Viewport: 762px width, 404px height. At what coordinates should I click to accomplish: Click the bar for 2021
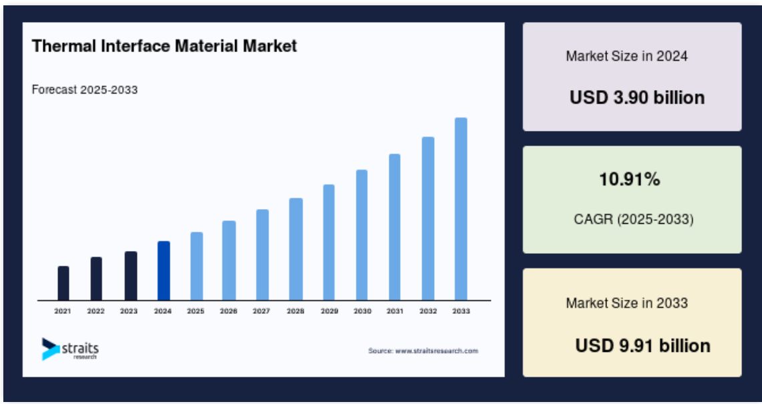click(63, 283)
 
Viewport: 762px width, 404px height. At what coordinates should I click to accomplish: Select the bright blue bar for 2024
click(164, 271)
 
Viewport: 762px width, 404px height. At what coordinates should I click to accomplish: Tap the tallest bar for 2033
click(461, 209)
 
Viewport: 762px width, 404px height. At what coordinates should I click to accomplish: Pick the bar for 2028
click(296, 249)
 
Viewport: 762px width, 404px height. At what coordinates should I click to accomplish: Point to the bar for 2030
click(361, 235)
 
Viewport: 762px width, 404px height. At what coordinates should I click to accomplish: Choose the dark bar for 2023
click(131, 276)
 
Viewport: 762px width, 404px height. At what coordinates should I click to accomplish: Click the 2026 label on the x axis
click(228, 311)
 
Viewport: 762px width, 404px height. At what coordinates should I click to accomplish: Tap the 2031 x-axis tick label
click(395, 311)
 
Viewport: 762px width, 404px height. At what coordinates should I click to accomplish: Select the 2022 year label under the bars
click(96, 311)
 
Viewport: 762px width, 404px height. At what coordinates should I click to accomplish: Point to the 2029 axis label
click(329, 311)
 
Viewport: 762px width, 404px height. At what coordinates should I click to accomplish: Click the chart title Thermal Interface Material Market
click(164, 46)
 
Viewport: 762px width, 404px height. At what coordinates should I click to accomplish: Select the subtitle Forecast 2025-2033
click(85, 90)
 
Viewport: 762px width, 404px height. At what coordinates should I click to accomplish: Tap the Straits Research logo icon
click(50, 349)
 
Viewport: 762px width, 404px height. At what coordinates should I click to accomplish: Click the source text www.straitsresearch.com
click(436, 351)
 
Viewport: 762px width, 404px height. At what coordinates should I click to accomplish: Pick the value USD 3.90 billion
click(637, 97)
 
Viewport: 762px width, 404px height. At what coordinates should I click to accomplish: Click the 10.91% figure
click(629, 180)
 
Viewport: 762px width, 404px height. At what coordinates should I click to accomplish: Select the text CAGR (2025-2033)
click(634, 219)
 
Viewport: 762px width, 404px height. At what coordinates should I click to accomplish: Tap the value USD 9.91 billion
click(643, 346)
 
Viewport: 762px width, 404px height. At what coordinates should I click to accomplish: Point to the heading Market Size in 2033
click(627, 303)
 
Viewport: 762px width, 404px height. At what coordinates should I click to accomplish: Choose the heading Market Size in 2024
click(627, 56)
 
